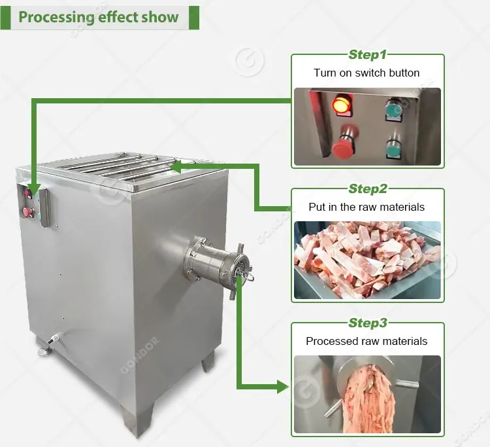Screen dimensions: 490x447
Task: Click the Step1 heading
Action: click(x=367, y=55)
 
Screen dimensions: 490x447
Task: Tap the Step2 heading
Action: click(x=367, y=188)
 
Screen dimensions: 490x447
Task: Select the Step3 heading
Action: click(x=367, y=323)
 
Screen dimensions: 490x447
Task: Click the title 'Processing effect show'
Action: click(x=99, y=17)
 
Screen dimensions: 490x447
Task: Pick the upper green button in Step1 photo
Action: click(x=393, y=109)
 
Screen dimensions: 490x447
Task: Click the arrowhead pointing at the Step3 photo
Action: click(x=283, y=387)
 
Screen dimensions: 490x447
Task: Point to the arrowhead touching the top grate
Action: click(x=176, y=166)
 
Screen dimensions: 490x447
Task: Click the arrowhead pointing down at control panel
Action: click(x=34, y=189)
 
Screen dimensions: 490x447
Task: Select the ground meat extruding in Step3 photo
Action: click(x=369, y=399)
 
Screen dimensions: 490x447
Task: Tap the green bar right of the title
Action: click(x=194, y=18)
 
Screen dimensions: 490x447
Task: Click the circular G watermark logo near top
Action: click(x=250, y=62)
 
